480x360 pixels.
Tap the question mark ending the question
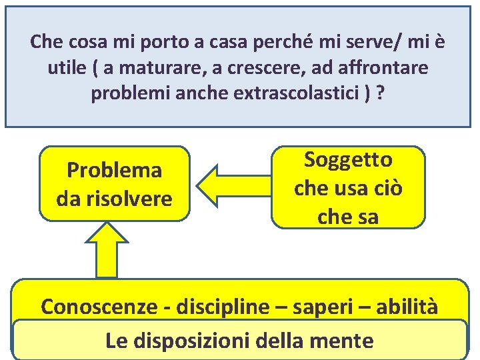[381, 93]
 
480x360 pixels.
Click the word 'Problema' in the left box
[114, 171]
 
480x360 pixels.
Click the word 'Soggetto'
[348, 160]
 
